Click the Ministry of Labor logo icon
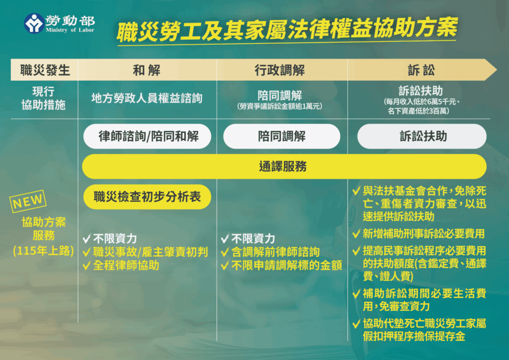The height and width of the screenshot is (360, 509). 34,23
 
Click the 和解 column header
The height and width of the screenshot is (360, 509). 147,70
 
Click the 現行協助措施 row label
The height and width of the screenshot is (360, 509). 43,98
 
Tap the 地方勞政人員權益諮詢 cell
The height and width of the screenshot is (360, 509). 147,98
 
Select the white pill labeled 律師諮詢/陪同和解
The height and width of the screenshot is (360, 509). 148,136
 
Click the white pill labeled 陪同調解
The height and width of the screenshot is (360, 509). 282,136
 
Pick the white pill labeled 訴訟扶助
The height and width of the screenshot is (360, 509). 422,136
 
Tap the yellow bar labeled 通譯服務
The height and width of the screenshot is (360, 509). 283,167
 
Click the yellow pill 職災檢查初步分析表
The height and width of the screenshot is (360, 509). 147,197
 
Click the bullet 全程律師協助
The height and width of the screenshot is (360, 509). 126,265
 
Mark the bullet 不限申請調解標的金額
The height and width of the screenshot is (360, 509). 286,266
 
